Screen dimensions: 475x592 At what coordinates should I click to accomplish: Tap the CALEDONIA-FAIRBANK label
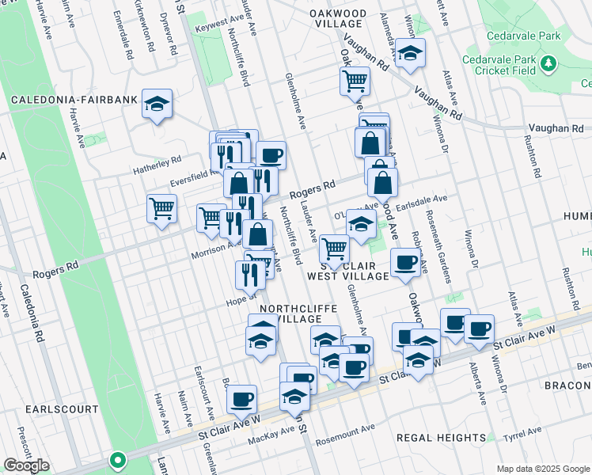click(74, 101)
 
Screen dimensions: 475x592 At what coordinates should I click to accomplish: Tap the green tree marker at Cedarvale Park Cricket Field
click(548, 62)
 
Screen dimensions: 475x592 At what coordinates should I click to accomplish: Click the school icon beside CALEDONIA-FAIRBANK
click(157, 102)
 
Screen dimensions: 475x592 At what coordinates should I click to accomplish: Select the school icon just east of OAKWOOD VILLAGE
click(410, 53)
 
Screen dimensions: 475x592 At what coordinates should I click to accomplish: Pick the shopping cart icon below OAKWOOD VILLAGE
click(355, 79)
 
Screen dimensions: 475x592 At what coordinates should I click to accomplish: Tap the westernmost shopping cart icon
click(161, 209)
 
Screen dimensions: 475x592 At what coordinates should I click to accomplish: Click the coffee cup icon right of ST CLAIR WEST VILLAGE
click(405, 263)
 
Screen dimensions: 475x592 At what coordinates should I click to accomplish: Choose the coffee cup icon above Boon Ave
click(241, 398)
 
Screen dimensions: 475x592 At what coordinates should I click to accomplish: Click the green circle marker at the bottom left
click(118, 459)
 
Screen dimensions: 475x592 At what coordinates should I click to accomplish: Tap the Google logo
click(26, 465)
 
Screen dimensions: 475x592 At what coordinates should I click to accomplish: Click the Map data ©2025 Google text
click(543, 468)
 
